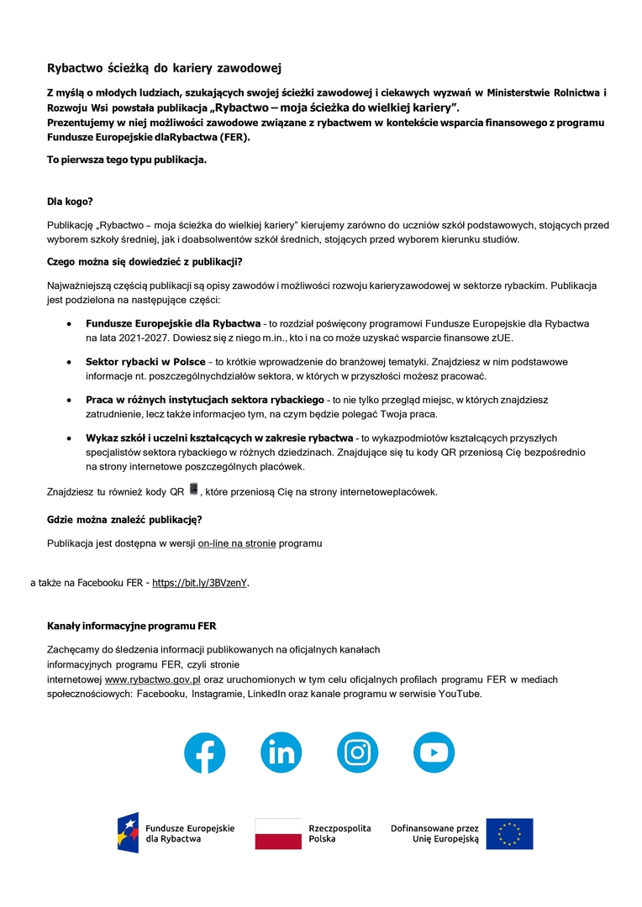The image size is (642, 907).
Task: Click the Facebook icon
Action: (x=205, y=752)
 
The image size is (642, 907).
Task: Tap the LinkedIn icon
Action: (x=281, y=752)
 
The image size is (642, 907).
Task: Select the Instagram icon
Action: (x=358, y=752)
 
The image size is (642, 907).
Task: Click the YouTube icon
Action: (x=434, y=752)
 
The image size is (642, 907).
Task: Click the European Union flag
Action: (x=509, y=833)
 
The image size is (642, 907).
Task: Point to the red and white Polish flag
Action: (x=278, y=833)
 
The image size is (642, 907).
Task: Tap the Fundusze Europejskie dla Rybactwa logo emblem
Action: (x=128, y=833)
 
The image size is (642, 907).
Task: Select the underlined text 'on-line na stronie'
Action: (x=237, y=543)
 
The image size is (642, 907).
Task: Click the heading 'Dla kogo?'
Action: (x=70, y=202)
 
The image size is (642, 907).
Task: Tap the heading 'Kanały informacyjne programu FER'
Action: (x=132, y=626)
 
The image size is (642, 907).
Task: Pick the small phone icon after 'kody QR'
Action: (x=193, y=490)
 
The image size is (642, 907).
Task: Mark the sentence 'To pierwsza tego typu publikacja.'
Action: (x=127, y=159)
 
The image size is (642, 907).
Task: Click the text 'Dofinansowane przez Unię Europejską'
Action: (x=434, y=833)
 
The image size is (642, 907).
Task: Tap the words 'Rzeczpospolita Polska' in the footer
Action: (x=339, y=833)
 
